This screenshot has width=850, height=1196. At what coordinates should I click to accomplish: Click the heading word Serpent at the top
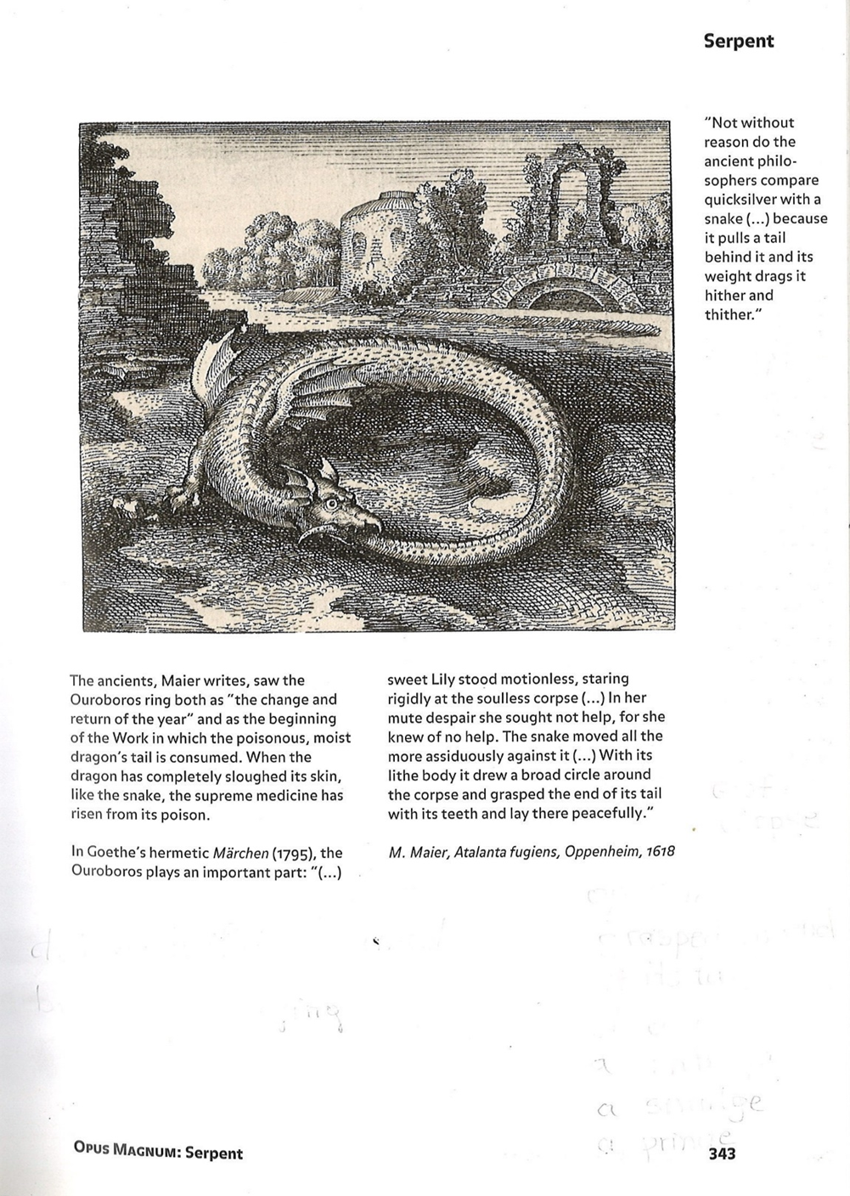(738, 41)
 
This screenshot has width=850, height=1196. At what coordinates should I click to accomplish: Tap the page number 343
(721, 1153)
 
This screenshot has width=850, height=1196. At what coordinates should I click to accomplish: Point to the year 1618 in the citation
(660, 851)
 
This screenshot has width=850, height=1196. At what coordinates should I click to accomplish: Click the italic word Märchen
(240, 853)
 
